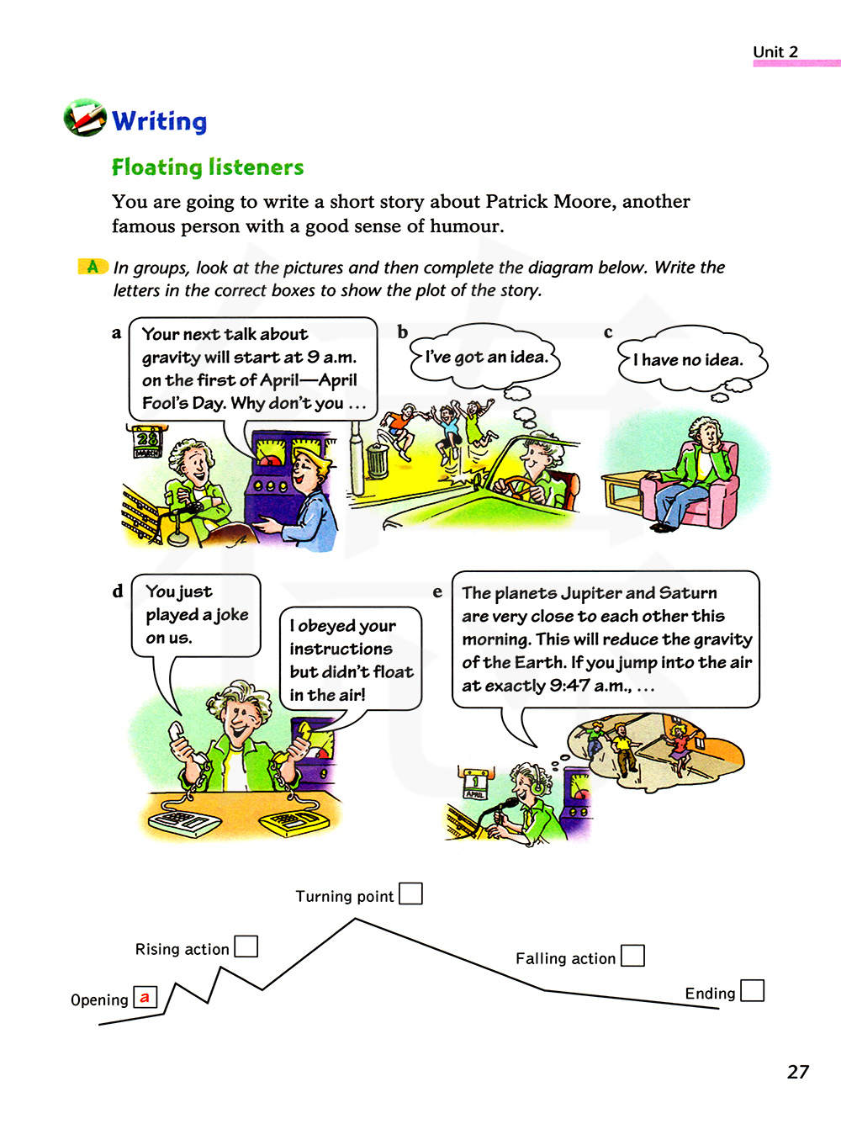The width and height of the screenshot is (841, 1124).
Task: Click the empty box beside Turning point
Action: (x=410, y=893)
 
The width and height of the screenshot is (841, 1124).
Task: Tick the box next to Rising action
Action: (x=246, y=946)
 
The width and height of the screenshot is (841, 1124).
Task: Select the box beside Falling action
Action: (x=632, y=956)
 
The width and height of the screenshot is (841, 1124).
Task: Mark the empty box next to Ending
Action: (x=752, y=990)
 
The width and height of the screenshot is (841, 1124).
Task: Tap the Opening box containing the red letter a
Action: (x=145, y=998)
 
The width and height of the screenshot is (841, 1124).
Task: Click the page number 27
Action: (x=797, y=1072)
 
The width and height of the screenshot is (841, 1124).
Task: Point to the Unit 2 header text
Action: (x=775, y=51)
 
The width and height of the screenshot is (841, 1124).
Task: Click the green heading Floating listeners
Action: (x=208, y=167)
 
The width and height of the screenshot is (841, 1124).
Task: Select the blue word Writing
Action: (x=159, y=121)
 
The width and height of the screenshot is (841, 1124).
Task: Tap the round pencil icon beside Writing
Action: (x=85, y=118)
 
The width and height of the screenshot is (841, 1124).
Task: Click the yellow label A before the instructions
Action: (x=93, y=267)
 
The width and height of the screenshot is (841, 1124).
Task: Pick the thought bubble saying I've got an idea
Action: (x=485, y=357)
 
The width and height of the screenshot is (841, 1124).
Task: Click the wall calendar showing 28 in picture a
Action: (x=147, y=440)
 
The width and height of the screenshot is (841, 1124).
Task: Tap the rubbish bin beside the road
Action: (x=378, y=461)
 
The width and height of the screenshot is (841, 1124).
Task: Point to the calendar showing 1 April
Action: (x=475, y=782)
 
